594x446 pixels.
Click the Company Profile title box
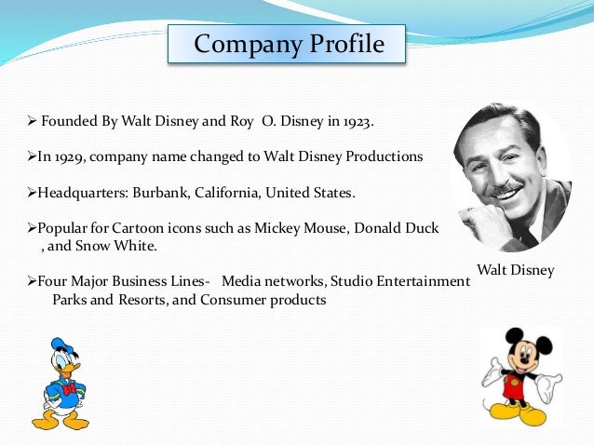pos(288,44)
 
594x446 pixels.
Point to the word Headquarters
pos(80,192)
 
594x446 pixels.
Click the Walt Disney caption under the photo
pos(515,270)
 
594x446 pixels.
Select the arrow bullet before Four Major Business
pos(30,280)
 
